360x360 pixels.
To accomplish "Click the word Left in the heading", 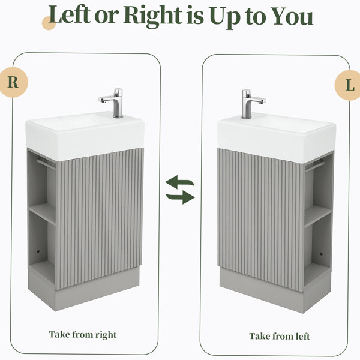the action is point(70,14).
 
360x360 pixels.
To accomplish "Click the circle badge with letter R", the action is point(13,82).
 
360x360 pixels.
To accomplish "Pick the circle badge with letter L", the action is point(348,85).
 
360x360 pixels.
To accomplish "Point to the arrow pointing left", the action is point(179,182).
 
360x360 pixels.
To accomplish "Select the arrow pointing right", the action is point(181,197).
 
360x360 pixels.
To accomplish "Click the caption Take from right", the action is point(83,335).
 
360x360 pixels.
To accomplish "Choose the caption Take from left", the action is point(280,337).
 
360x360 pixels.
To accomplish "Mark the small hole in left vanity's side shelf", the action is point(38,251).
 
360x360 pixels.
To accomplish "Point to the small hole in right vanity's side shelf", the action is point(321,254).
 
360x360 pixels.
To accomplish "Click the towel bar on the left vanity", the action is point(46,163).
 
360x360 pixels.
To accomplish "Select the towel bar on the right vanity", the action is point(314,166).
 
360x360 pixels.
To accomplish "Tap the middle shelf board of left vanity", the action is point(42,213).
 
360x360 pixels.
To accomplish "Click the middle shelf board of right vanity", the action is point(318,216).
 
